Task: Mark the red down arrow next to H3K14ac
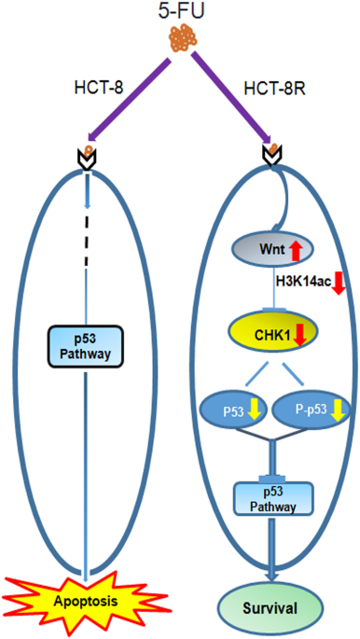point(339,283)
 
